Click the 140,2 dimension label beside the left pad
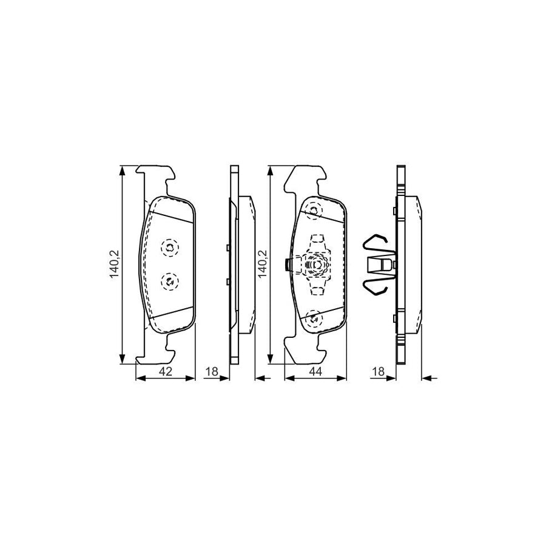pos(114,265)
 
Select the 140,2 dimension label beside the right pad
pos(261,265)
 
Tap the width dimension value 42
pos(166,371)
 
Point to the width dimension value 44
pos(315,371)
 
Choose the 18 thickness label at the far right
pos(379,371)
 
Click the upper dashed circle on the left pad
pos(169,246)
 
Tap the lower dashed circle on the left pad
pos(169,280)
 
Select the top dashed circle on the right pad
pos(314,211)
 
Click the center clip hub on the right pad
pos(315,265)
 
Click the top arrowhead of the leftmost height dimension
pos(124,170)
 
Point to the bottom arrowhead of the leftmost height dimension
pos(124,360)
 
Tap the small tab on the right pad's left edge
pos(287,265)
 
